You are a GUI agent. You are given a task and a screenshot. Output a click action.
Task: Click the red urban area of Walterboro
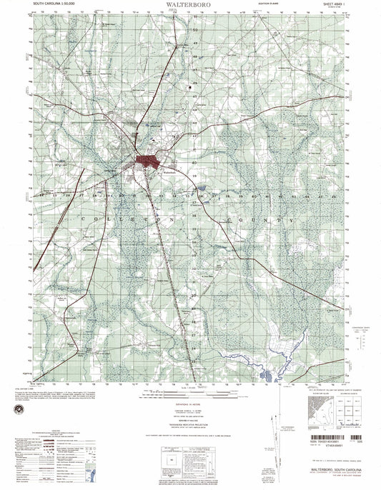coord(147,163)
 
